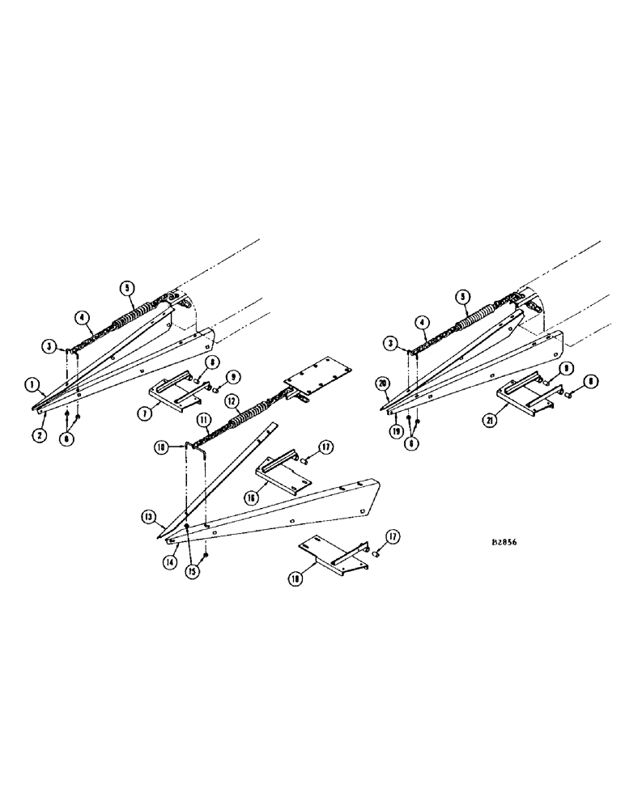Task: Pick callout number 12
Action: tap(232, 400)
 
